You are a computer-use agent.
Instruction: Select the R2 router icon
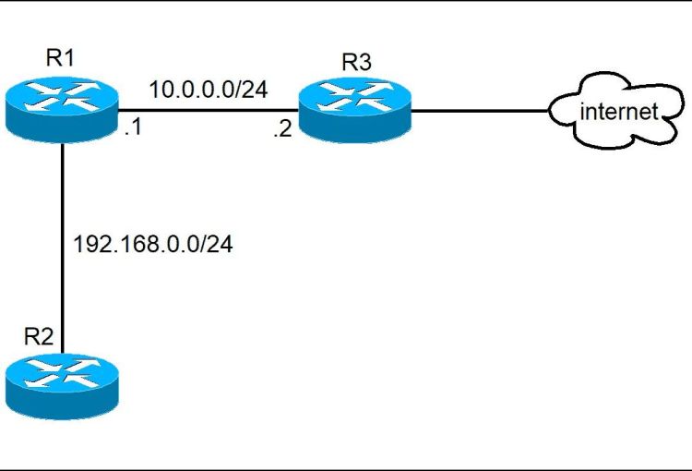pyautogui.click(x=62, y=387)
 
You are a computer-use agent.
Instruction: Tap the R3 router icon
pyautogui.click(x=353, y=112)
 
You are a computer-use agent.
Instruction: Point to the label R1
pyautogui.click(x=60, y=59)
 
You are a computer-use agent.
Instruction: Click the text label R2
pyautogui.click(x=39, y=336)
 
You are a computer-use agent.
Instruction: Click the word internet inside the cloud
pyautogui.click(x=618, y=113)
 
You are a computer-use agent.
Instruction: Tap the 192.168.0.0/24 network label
pyautogui.click(x=152, y=247)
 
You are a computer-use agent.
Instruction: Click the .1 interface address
pyautogui.click(x=133, y=128)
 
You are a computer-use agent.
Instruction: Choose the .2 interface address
pyautogui.click(x=281, y=130)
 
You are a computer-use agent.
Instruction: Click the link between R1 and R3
pyautogui.click(x=208, y=111)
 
